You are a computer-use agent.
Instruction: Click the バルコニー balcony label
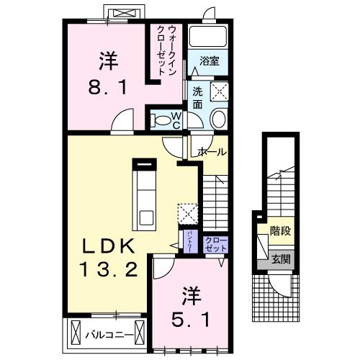coord(108,335)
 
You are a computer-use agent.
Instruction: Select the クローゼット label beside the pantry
coord(214,244)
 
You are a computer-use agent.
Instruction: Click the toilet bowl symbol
coord(219,119)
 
